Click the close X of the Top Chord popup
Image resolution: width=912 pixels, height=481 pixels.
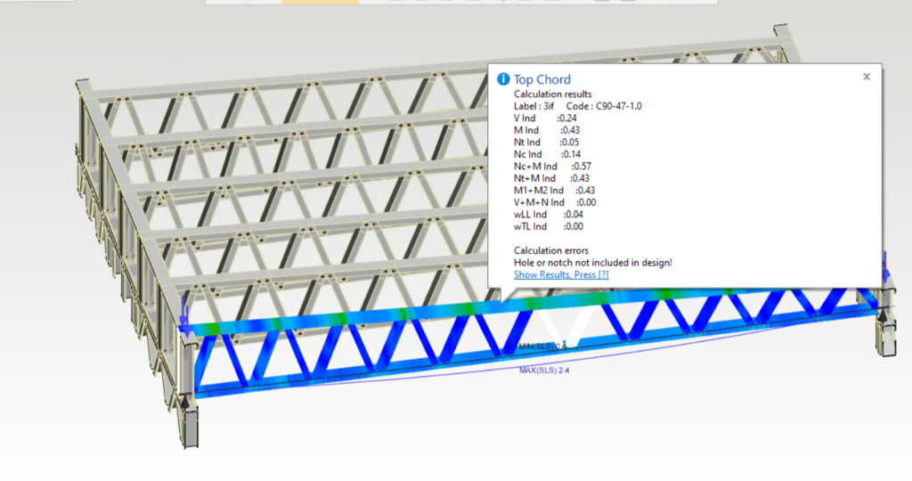(867, 77)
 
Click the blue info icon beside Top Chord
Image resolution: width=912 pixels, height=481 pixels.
(503, 79)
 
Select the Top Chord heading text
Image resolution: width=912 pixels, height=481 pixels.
(542, 79)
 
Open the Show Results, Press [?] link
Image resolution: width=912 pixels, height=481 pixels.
(561, 274)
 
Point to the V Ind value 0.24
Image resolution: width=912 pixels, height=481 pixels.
(568, 118)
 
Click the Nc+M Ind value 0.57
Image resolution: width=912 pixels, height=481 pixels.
(582, 167)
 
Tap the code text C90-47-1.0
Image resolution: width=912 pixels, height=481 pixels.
(619, 106)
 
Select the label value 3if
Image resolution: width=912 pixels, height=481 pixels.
(548, 106)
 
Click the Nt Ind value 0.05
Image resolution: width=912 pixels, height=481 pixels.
(571, 143)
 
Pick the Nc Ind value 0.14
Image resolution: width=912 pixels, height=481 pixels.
(572, 154)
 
